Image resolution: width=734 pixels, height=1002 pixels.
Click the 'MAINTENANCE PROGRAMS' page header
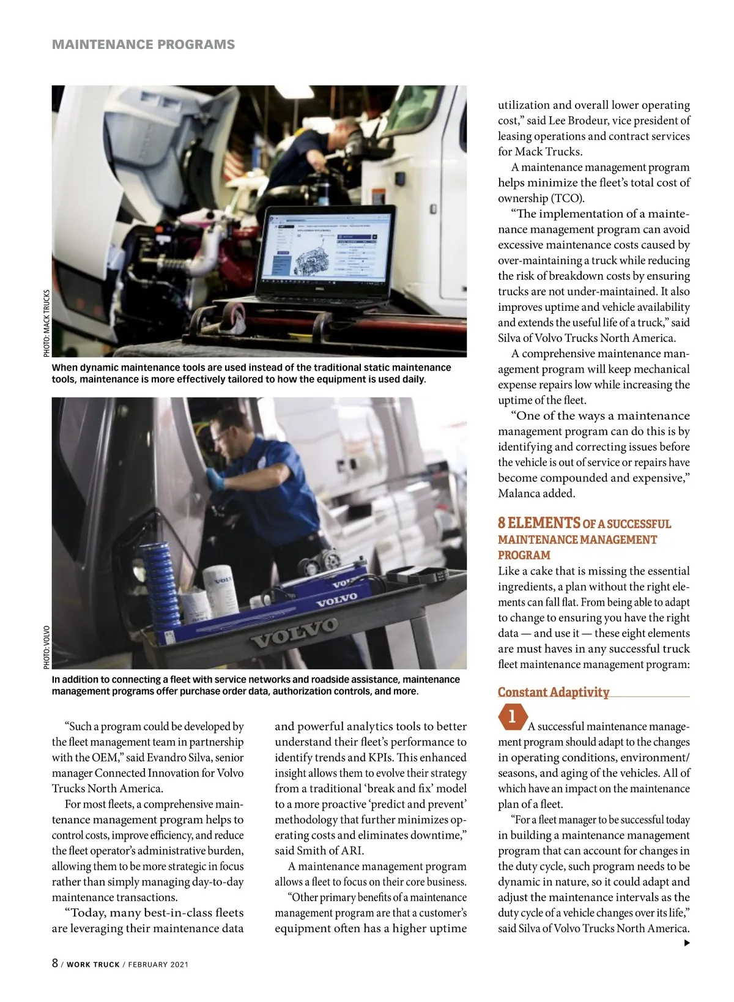(143, 45)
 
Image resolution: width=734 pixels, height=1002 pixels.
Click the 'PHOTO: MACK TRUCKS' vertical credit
(46, 323)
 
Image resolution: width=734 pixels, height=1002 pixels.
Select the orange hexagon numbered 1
(512, 716)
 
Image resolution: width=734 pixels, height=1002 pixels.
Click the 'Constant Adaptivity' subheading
(554, 692)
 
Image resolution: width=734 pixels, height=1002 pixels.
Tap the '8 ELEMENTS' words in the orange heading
(538, 523)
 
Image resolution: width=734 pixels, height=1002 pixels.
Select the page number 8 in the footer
(55, 963)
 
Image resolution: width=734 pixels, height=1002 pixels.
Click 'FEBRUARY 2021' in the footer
(158, 965)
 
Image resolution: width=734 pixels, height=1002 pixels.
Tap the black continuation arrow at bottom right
(686, 943)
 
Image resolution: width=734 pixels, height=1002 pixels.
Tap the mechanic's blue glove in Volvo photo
(213, 478)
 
